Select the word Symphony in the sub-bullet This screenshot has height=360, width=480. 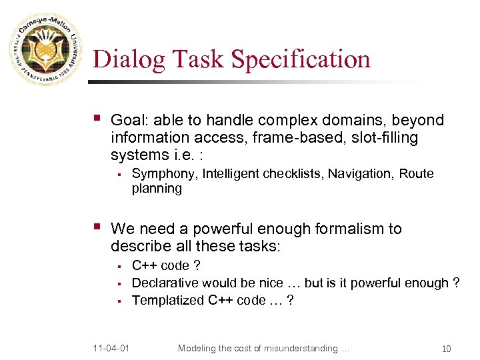point(163,174)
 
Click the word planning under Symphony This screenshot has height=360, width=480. point(157,189)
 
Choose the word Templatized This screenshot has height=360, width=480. point(168,300)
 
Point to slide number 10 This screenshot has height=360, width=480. point(446,348)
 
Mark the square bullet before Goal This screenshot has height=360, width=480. point(97,119)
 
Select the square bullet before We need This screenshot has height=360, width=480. point(97,228)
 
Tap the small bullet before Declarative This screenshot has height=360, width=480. point(118,283)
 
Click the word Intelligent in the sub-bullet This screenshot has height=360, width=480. point(231,174)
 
